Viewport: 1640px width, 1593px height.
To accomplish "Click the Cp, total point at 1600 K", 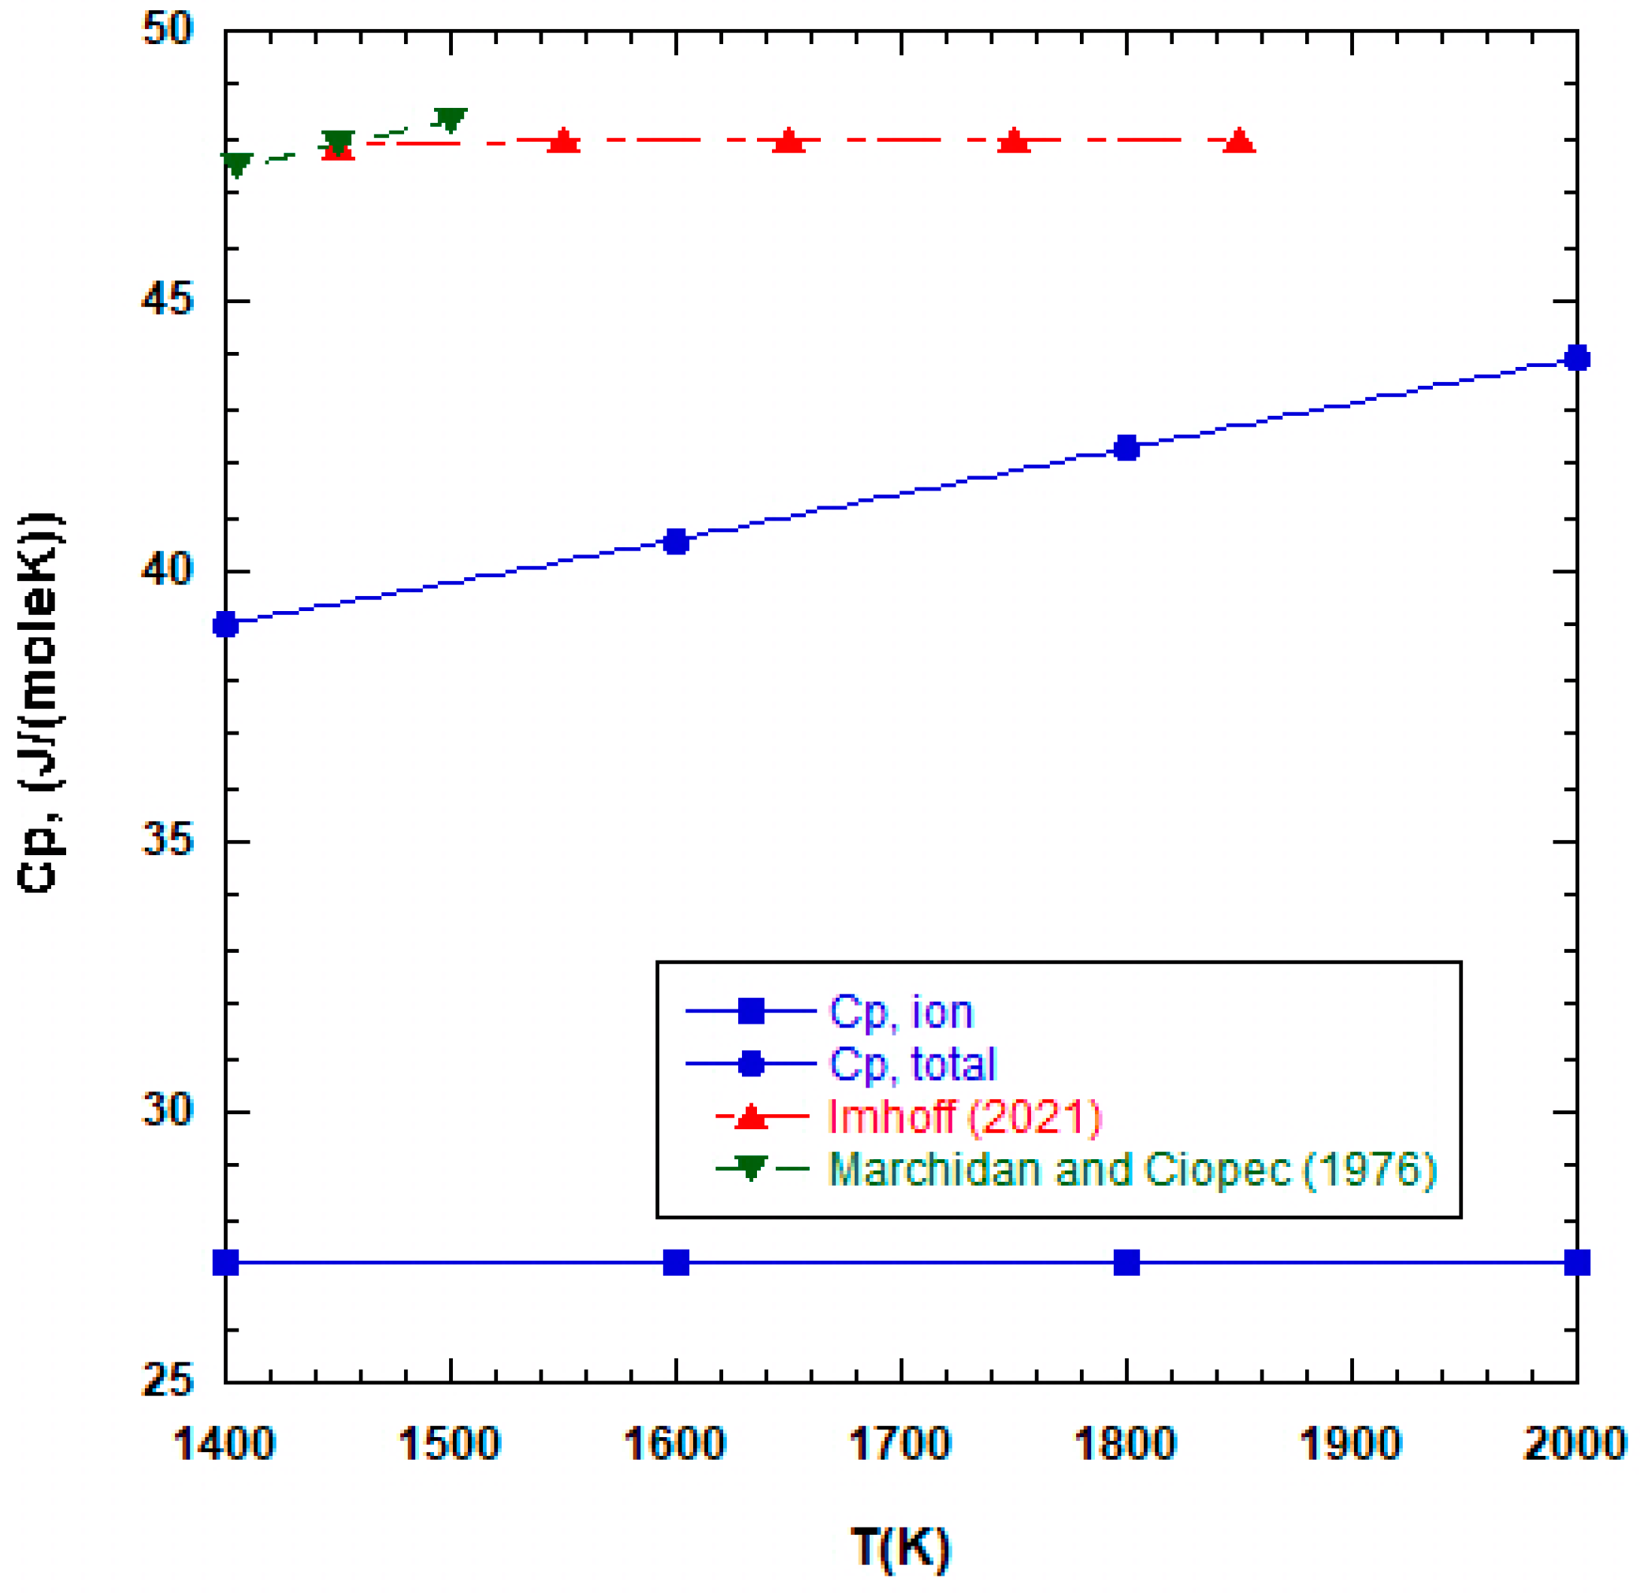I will click(x=676, y=542).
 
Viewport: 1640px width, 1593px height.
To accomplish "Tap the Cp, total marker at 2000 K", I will click(x=1577, y=358).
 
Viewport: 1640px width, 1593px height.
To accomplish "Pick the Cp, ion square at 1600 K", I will click(x=676, y=1262).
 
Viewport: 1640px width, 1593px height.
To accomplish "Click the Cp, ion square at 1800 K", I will click(x=1127, y=1262).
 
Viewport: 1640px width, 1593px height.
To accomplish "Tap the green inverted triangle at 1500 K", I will click(x=451, y=120).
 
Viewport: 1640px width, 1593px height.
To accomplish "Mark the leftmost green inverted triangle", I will click(x=238, y=164).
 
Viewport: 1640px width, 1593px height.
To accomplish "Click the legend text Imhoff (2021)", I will click(x=964, y=1116).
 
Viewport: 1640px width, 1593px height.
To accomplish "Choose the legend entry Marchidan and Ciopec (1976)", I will click(x=1132, y=1169).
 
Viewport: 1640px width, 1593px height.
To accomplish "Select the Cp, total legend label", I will click(x=912, y=1065).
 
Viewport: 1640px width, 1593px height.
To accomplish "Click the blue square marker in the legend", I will click(x=751, y=1011).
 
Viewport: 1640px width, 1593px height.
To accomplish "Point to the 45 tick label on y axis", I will click(x=167, y=300).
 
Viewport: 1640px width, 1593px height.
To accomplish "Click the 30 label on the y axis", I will click(x=167, y=1111).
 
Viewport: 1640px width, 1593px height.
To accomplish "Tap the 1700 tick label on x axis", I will click(x=900, y=1445).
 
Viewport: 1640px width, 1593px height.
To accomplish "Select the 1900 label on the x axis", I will click(x=1350, y=1445).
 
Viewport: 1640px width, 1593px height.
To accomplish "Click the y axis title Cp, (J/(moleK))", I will click(x=40, y=702).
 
